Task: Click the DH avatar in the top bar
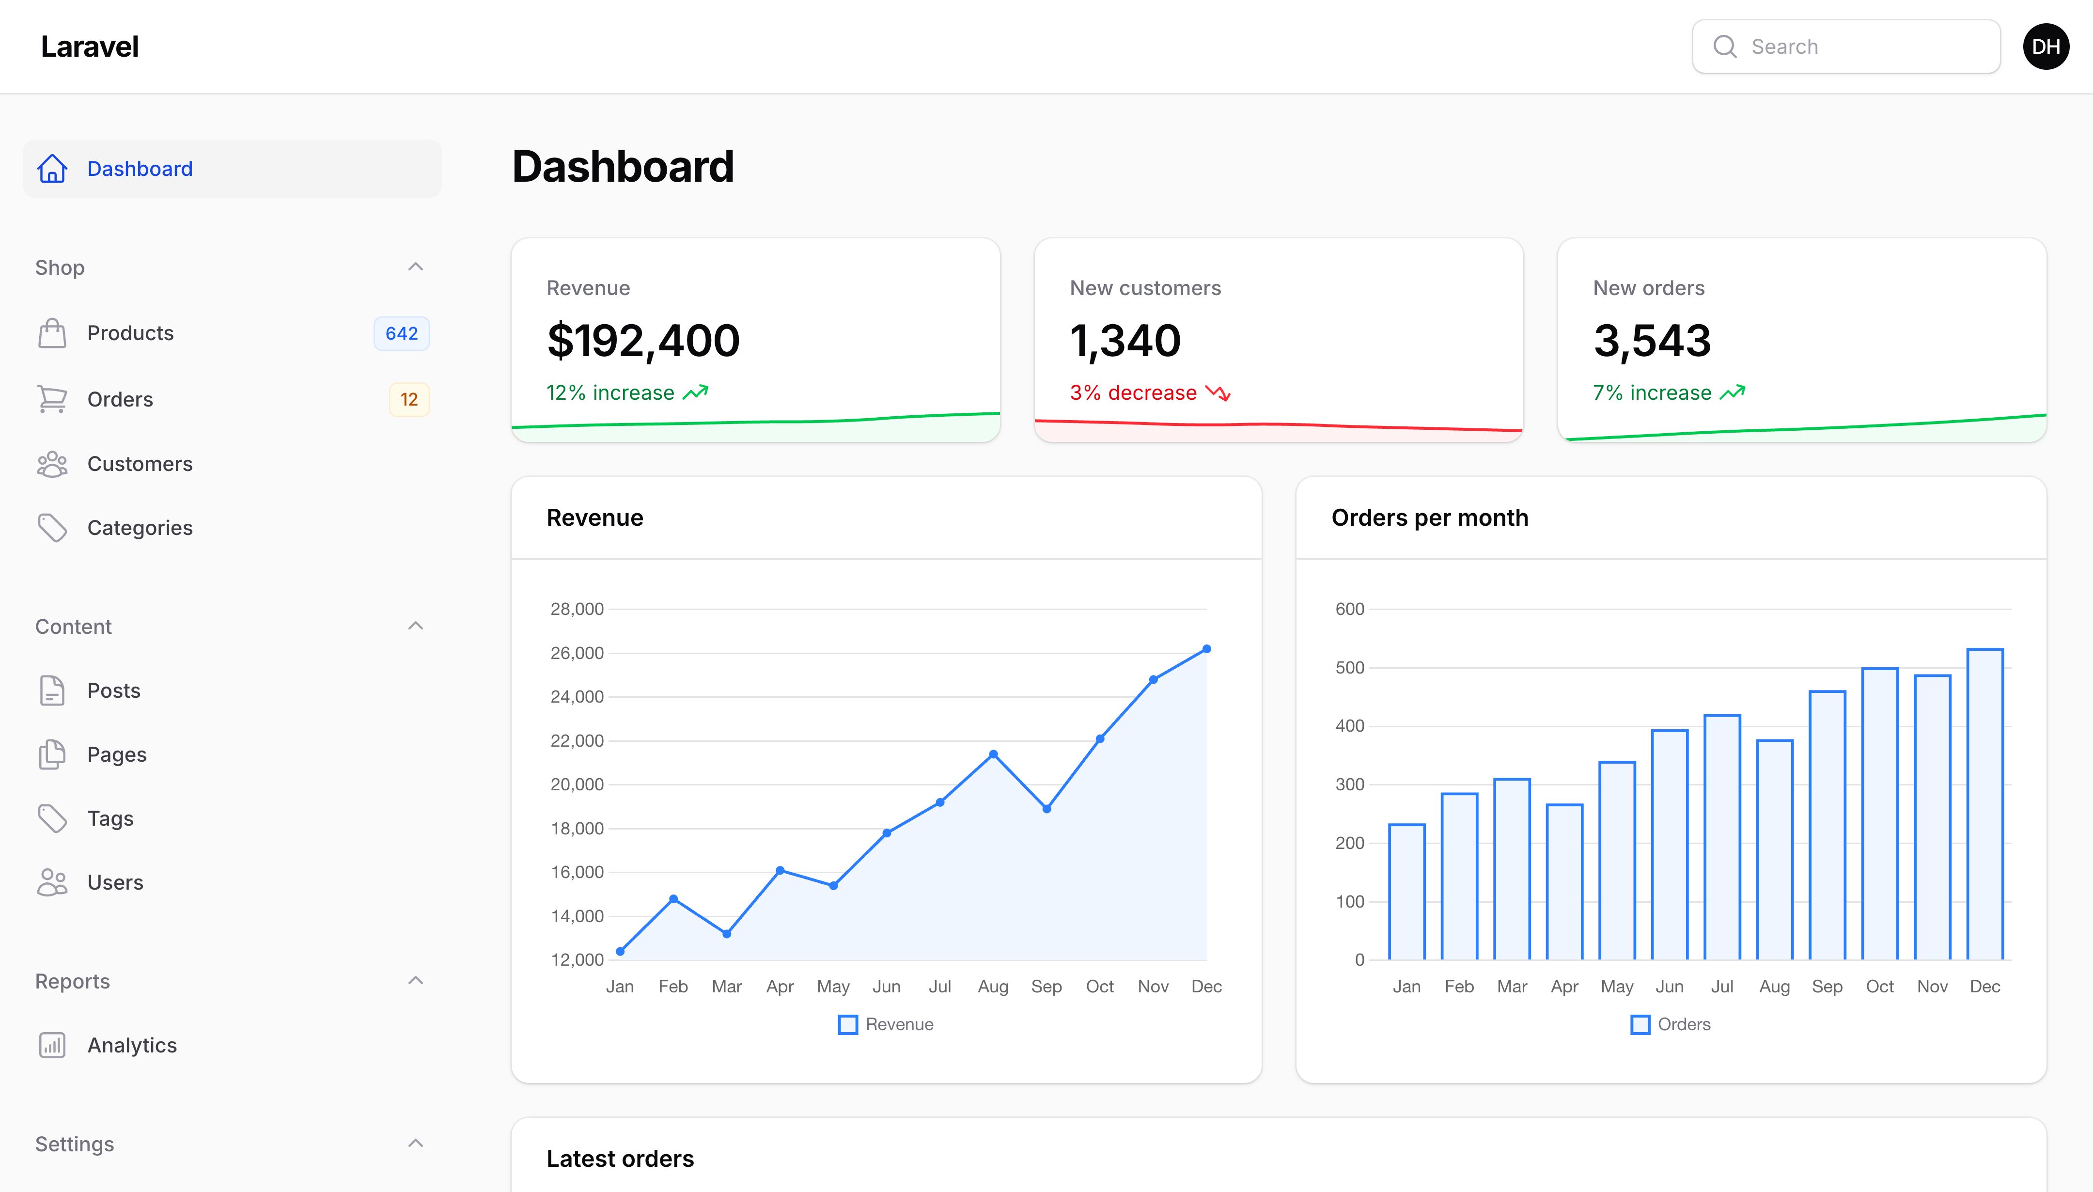coord(2046,47)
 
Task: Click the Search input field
coord(1846,47)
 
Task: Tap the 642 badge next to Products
coord(401,333)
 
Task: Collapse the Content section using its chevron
coord(416,627)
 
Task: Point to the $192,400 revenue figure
coord(643,341)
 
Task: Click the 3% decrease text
coord(1133,393)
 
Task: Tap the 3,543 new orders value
coord(1652,341)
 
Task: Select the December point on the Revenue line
coord(1206,649)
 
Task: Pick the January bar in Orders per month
coord(1407,892)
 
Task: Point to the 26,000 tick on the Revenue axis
coord(577,653)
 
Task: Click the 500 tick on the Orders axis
coord(1350,668)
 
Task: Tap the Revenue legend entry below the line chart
coord(886,1025)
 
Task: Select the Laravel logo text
coord(90,47)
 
